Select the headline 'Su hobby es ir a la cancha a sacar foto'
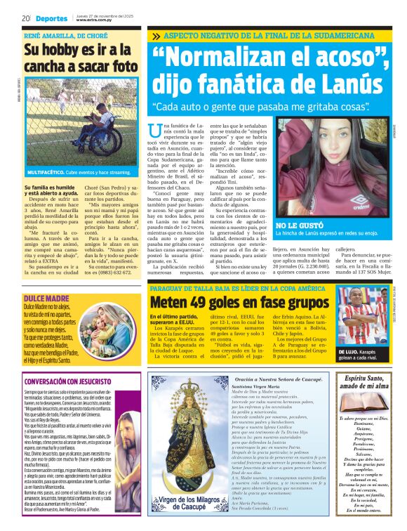(77, 58)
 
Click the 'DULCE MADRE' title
(46, 280)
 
